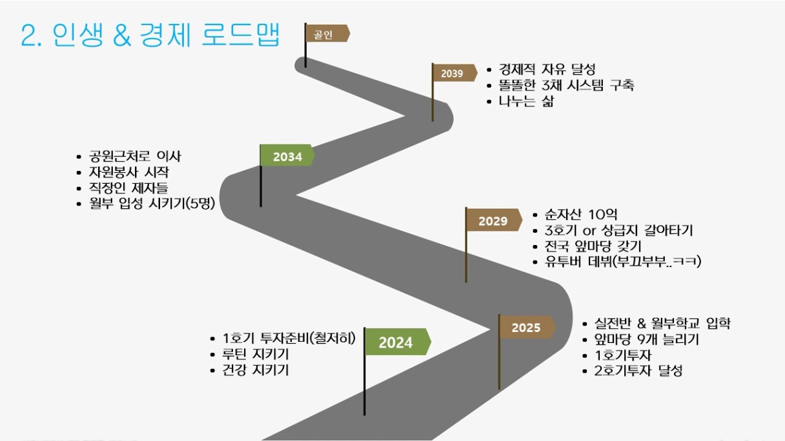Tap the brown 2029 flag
coord(493,220)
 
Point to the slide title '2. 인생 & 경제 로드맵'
coord(150,35)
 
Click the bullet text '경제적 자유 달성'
coord(547,69)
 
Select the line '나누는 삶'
coord(526,101)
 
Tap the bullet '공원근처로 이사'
coord(135,156)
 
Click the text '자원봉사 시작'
coord(128,172)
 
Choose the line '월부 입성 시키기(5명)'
coord(152,203)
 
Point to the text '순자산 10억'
coord(581,214)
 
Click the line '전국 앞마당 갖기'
coord(593,246)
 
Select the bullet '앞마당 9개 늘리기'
coord(647,339)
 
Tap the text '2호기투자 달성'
coord(638,371)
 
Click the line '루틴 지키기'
coord(256,354)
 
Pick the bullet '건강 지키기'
coord(256,370)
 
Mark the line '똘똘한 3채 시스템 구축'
coord(566,85)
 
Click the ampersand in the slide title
coord(122,35)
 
